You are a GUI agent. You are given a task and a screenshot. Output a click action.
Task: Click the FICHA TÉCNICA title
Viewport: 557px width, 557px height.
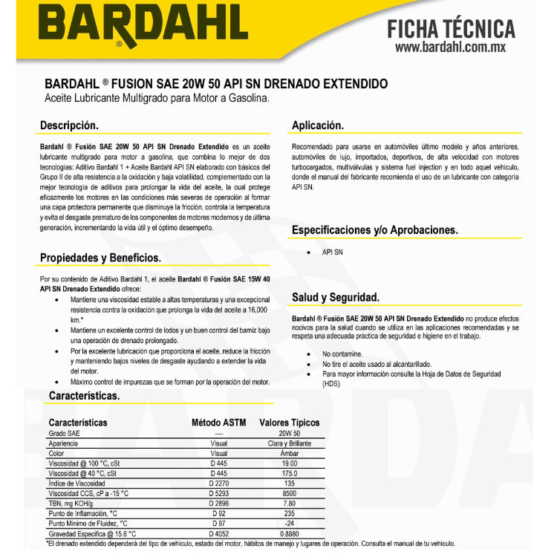[451, 29]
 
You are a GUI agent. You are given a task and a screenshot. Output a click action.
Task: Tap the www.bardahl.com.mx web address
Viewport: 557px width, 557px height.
[450, 48]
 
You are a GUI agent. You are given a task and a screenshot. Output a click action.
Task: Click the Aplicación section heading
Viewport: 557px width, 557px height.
[317, 126]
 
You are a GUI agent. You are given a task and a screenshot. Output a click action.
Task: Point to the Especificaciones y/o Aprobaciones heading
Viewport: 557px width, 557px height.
[374, 230]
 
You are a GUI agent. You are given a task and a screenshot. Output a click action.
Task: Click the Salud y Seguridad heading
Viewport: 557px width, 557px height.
[335, 297]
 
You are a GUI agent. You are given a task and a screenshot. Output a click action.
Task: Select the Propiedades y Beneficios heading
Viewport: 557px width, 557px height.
[100, 258]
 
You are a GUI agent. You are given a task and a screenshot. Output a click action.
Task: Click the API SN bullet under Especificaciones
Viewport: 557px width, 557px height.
[332, 253]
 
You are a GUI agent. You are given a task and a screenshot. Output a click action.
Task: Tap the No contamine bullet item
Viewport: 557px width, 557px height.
[342, 354]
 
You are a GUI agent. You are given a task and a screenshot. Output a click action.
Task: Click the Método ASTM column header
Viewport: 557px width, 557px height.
[218, 423]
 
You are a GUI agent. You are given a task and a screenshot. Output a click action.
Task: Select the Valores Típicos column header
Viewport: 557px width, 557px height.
[289, 423]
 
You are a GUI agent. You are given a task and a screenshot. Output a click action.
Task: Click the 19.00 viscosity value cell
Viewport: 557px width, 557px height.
[289, 463]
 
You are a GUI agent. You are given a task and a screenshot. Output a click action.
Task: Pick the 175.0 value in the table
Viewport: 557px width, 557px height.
[289, 473]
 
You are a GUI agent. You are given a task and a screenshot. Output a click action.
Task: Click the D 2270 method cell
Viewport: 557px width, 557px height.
[218, 483]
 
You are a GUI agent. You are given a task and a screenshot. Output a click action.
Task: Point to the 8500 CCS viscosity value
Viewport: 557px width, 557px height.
[289, 493]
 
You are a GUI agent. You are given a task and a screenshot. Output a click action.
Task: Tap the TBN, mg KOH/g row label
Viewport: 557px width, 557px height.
[75, 503]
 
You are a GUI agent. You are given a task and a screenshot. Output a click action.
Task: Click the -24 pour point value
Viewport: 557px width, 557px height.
[289, 523]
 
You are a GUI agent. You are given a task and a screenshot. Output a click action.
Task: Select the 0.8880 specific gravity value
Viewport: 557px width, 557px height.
[289, 533]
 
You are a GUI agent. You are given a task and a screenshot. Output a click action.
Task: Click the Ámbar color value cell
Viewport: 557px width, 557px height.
[289, 453]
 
